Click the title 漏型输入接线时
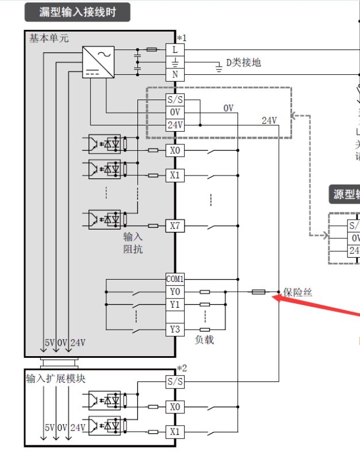(x=76, y=12)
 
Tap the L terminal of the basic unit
(x=175, y=50)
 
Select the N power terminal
(x=175, y=75)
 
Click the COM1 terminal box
(x=175, y=278)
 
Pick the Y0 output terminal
(x=175, y=292)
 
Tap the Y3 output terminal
(x=175, y=330)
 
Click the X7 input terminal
(x=175, y=226)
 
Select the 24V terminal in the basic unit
(x=175, y=125)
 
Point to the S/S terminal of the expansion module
(x=175, y=381)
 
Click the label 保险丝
(x=298, y=293)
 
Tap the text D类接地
(x=243, y=62)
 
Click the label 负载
(x=204, y=340)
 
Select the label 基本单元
(x=49, y=39)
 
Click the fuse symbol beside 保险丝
(x=258, y=292)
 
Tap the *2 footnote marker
(x=182, y=368)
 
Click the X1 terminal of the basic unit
(x=175, y=175)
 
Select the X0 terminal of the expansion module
(x=175, y=407)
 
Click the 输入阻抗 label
(x=133, y=243)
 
